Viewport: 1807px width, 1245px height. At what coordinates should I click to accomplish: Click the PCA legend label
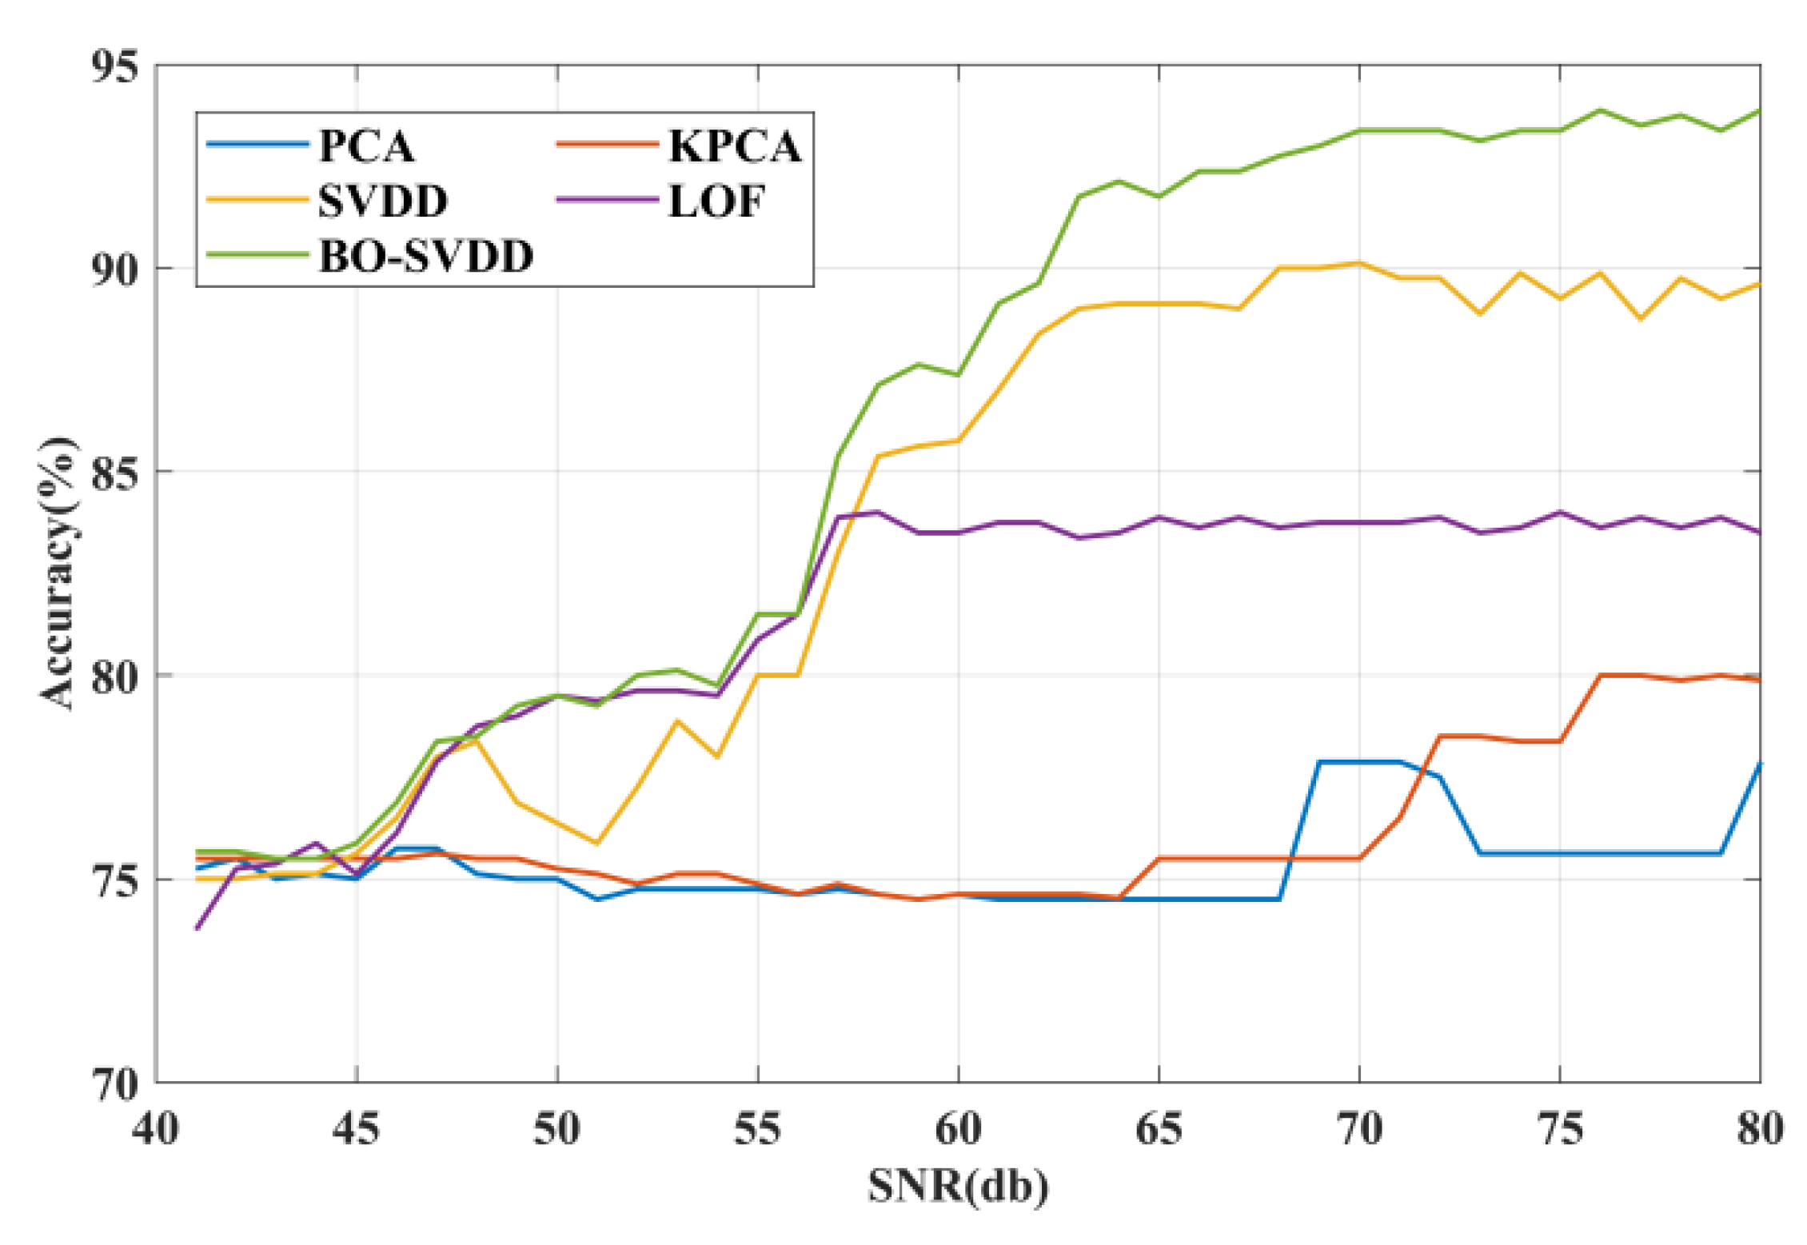[x=366, y=146]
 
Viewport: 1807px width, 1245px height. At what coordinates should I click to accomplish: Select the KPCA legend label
[x=734, y=146]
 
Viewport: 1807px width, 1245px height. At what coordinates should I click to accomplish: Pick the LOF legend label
[x=716, y=201]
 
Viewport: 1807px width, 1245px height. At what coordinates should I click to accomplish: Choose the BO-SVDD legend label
[x=425, y=256]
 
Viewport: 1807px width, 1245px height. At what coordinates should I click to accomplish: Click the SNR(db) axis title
[x=958, y=1185]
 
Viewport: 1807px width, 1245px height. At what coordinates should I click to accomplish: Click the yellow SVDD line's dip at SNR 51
[x=597, y=843]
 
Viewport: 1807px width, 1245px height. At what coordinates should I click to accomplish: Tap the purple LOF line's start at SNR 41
[x=197, y=928]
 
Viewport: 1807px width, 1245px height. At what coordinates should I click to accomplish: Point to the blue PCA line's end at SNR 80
[x=1759, y=764]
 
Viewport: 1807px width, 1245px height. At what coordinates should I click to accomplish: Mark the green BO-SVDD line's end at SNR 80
[x=1759, y=110]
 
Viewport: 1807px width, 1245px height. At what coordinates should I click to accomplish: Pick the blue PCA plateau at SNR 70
[x=1359, y=762]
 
